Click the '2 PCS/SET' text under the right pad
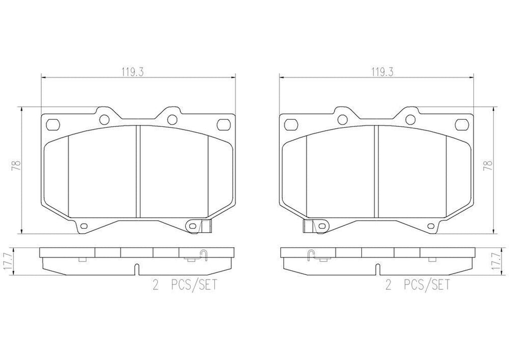[x=418, y=285]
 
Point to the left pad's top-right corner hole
[x=222, y=123]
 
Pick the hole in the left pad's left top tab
[x=104, y=119]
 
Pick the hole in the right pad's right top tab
[x=410, y=119]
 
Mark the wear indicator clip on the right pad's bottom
[x=308, y=226]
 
